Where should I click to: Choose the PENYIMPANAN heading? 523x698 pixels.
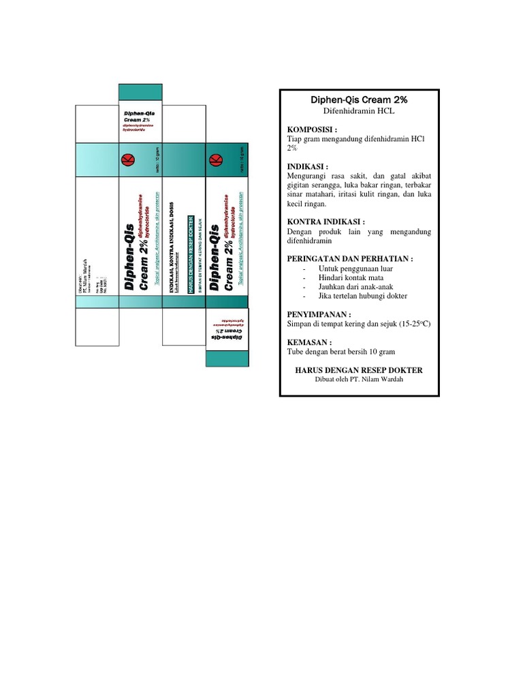coord(319,315)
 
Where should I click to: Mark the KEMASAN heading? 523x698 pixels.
coord(310,342)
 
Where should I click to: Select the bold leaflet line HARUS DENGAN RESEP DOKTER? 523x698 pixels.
coord(358,370)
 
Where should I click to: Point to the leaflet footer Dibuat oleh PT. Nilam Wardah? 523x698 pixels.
coord(358,379)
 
